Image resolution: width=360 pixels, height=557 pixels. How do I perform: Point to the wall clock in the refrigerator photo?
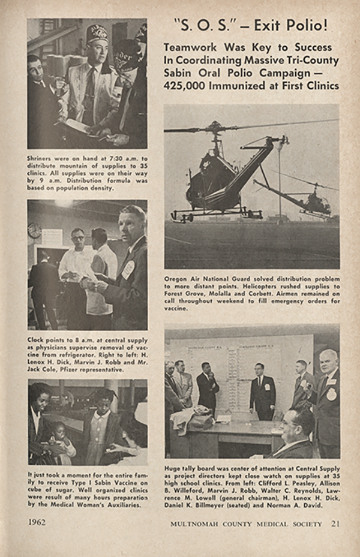tap(34, 230)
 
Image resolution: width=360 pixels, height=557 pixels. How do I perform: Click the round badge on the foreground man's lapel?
tap(128, 270)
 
